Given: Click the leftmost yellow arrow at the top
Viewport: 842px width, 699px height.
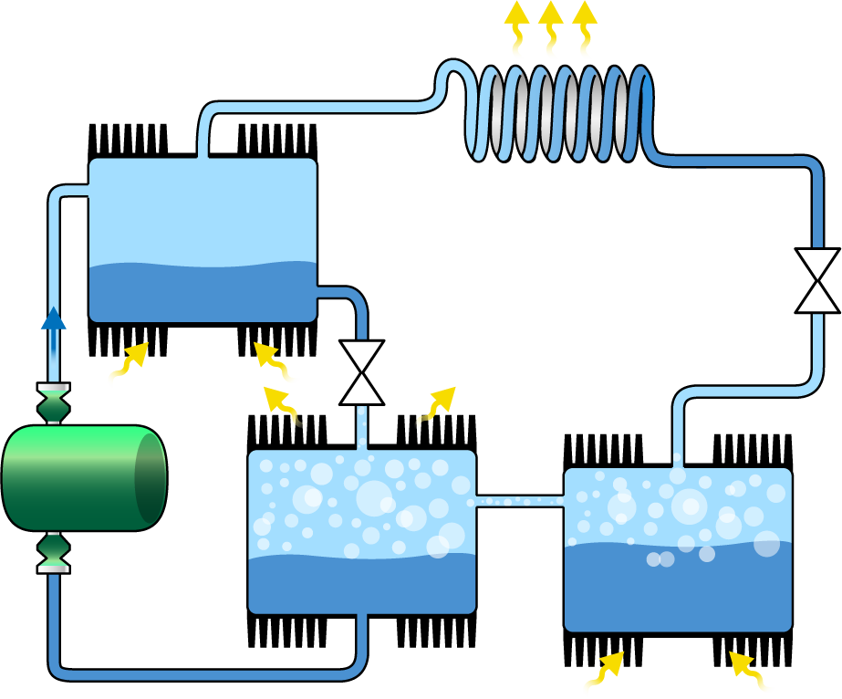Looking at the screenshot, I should (516, 32).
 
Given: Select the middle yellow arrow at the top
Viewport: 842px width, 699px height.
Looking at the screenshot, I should (550, 32).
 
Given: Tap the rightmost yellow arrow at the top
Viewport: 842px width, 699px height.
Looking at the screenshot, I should (584, 32).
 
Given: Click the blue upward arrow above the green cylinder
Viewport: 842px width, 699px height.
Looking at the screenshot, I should (53, 342).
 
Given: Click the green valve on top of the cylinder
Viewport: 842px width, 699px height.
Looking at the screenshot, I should (54, 403).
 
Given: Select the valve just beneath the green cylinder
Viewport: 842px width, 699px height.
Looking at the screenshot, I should (54, 551).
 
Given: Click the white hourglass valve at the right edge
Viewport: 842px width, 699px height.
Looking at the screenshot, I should (816, 280).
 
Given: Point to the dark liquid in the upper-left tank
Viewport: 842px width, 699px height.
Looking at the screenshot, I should (203, 292).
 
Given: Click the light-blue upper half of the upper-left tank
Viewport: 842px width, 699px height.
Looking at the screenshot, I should (203, 210).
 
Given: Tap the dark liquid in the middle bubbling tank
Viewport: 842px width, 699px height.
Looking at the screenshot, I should (361, 584).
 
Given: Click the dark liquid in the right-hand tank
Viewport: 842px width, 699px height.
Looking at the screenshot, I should (677, 593).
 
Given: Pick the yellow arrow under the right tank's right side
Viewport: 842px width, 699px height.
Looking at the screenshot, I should (743, 675).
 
